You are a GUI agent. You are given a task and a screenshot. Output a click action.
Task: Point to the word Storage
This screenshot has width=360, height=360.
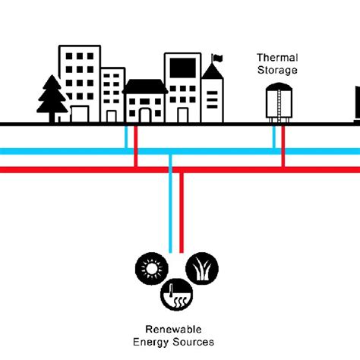pyautogui.click(x=276, y=70)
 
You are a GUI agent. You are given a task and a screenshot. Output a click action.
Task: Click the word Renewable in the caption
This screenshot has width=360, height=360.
pyautogui.click(x=175, y=330)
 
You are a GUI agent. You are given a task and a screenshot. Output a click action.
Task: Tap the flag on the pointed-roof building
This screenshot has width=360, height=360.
pyautogui.click(x=217, y=57)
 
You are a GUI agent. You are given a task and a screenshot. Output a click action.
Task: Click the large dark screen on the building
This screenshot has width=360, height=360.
pyautogui.click(x=182, y=68)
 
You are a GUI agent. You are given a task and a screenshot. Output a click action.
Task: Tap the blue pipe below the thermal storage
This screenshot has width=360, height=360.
pyautogui.click(x=274, y=137)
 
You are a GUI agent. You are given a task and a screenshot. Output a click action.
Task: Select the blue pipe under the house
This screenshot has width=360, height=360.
pyautogui.click(x=126, y=137)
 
